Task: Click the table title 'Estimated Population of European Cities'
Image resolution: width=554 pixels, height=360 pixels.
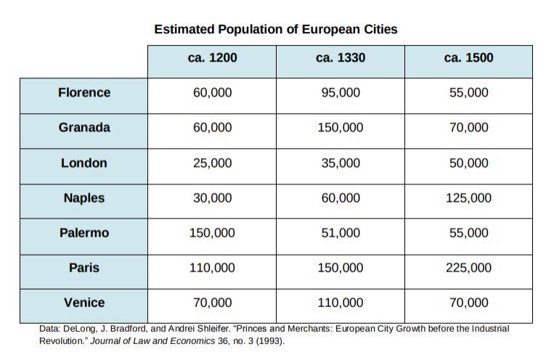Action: tap(275, 30)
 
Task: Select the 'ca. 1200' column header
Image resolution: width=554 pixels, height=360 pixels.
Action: tap(212, 58)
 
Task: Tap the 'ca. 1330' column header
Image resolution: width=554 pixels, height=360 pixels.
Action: tap(341, 58)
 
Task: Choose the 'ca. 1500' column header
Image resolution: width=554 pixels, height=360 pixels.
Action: tap(468, 58)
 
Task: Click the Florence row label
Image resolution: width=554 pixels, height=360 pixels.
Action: tap(84, 93)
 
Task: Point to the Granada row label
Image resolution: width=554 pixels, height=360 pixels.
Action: tap(84, 128)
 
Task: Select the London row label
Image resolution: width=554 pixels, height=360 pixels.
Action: tap(84, 163)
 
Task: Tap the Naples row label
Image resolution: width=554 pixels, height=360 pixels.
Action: tap(84, 198)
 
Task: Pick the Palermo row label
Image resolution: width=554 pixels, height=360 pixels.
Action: tap(84, 233)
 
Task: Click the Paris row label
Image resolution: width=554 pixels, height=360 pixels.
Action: tap(84, 268)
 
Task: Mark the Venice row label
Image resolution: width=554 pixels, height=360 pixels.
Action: tap(84, 303)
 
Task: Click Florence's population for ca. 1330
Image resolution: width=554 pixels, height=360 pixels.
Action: tap(341, 93)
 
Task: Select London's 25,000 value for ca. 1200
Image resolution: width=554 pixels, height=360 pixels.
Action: tap(212, 163)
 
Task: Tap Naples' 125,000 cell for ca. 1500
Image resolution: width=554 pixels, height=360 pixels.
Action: tap(468, 198)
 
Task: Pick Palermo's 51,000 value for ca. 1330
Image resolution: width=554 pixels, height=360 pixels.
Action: tap(341, 233)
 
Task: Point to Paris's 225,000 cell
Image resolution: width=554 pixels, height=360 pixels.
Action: tap(468, 268)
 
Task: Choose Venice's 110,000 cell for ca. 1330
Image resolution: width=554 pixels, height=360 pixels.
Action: tap(341, 303)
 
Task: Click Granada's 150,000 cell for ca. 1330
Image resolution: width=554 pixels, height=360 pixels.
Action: tap(341, 128)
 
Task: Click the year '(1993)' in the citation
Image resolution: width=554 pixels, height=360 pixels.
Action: tap(270, 340)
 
